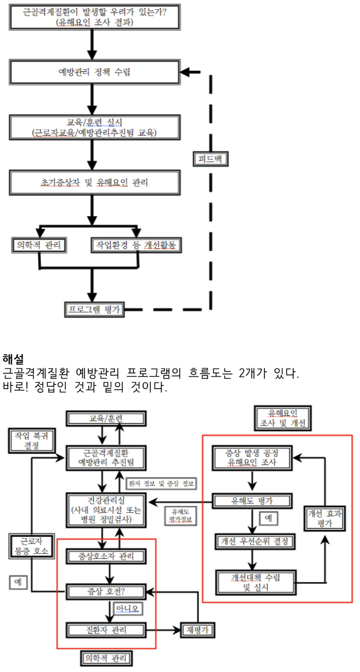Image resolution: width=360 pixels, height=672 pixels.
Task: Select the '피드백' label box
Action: pos(210,159)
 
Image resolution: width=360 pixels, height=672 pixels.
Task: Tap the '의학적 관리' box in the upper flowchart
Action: pos(40,244)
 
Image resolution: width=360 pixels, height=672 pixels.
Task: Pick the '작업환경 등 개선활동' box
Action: pos(136,244)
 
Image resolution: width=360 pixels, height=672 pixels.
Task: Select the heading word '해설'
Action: pos(13,358)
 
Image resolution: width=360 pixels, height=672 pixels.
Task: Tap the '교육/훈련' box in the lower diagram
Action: pos(105,418)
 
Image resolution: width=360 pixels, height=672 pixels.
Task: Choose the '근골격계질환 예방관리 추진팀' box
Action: pos(105,458)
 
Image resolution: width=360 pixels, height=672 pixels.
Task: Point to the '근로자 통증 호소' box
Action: pos(29,546)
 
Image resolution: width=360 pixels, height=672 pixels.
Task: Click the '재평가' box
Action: pos(199,630)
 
